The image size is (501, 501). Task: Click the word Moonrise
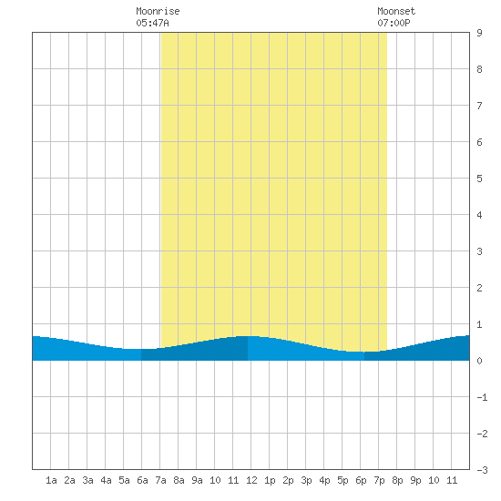(x=158, y=11)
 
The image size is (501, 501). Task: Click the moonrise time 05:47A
(x=152, y=23)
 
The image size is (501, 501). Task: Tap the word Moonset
(x=396, y=11)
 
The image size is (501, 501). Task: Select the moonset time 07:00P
(x=394, y=23)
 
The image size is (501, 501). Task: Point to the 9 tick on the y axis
(x=479, y=33)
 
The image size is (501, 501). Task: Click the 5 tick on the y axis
(x=479, y=179)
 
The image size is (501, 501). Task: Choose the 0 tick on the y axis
(x=479, y=361)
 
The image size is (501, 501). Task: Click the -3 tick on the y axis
(x=482, y=470)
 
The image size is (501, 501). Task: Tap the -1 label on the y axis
(x=482, y=397)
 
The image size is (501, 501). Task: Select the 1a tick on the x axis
(x=51, y=480)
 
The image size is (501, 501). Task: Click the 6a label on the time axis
(x=142, y=480)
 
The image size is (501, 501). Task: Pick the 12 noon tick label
(x=251, y=480)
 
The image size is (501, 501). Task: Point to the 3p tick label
(x=306, y=480)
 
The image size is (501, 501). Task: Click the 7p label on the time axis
(x=379, y=480)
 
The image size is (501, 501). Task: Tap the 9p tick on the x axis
(x=415, y=480)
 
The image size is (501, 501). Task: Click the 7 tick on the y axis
(x=479, y=106)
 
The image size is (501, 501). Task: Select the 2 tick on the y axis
(x=479, y=288)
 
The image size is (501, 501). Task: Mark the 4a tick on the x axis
(x=106, y=480)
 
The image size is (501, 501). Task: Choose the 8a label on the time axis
(x=179, y=480)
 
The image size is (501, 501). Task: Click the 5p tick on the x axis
(x=343, y=480)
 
